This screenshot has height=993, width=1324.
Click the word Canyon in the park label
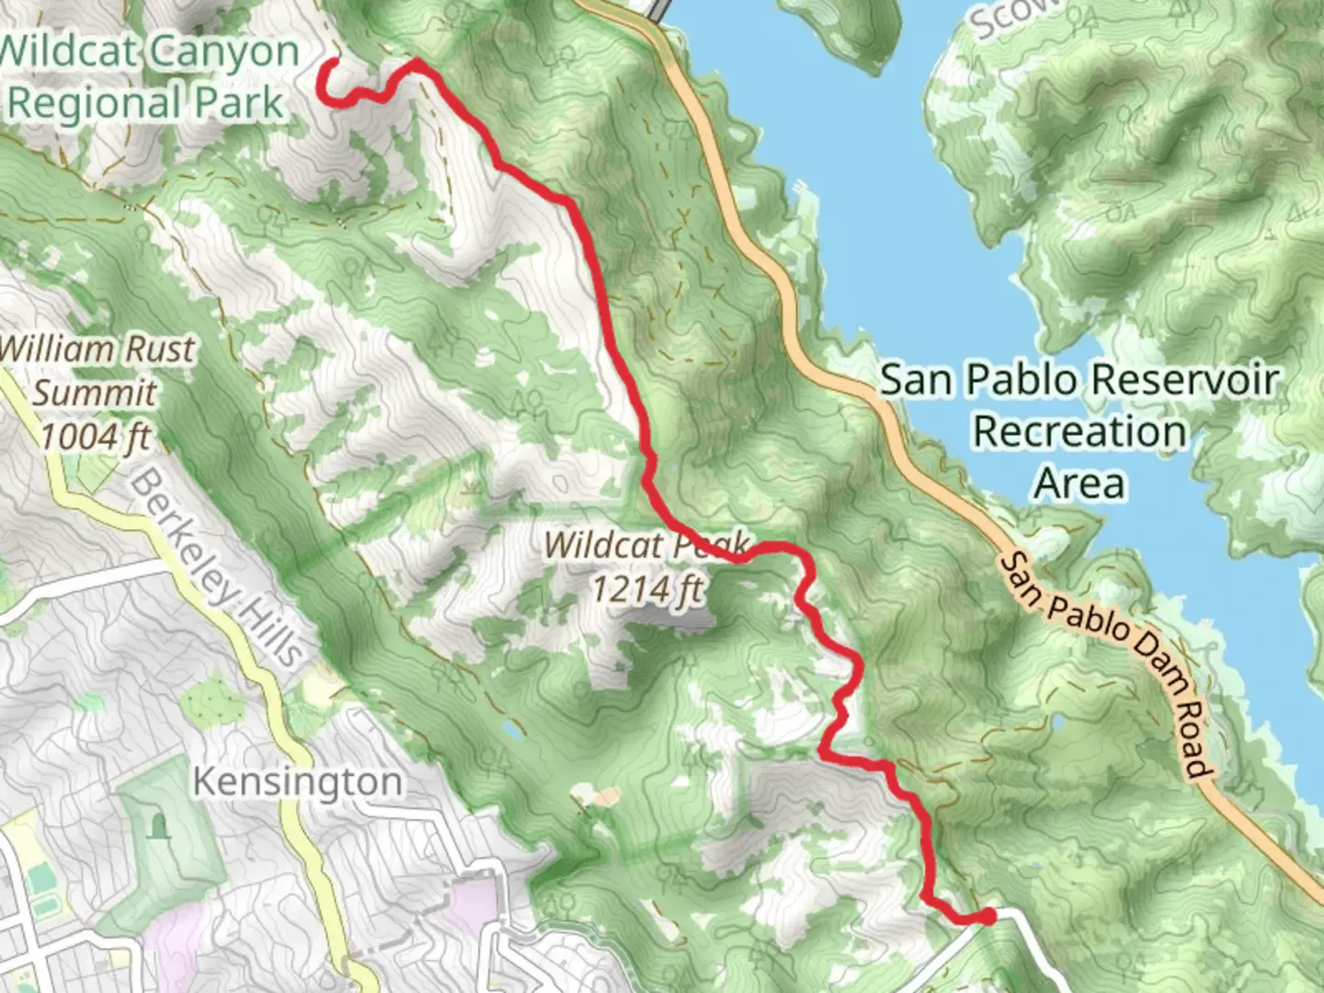tap(224, 52)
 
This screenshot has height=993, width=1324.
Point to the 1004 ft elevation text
tap(95, 437)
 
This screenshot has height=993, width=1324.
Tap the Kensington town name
tap(297, 782)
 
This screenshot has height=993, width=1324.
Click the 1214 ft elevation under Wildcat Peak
tap(645, 588)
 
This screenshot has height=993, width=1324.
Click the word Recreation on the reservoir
tap(1079, 431)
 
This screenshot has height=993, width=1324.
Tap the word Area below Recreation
tap(1079, 483)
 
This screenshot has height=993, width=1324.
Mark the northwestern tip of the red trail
tap(330, 63)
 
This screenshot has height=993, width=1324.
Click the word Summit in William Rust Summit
tap(95, 394)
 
